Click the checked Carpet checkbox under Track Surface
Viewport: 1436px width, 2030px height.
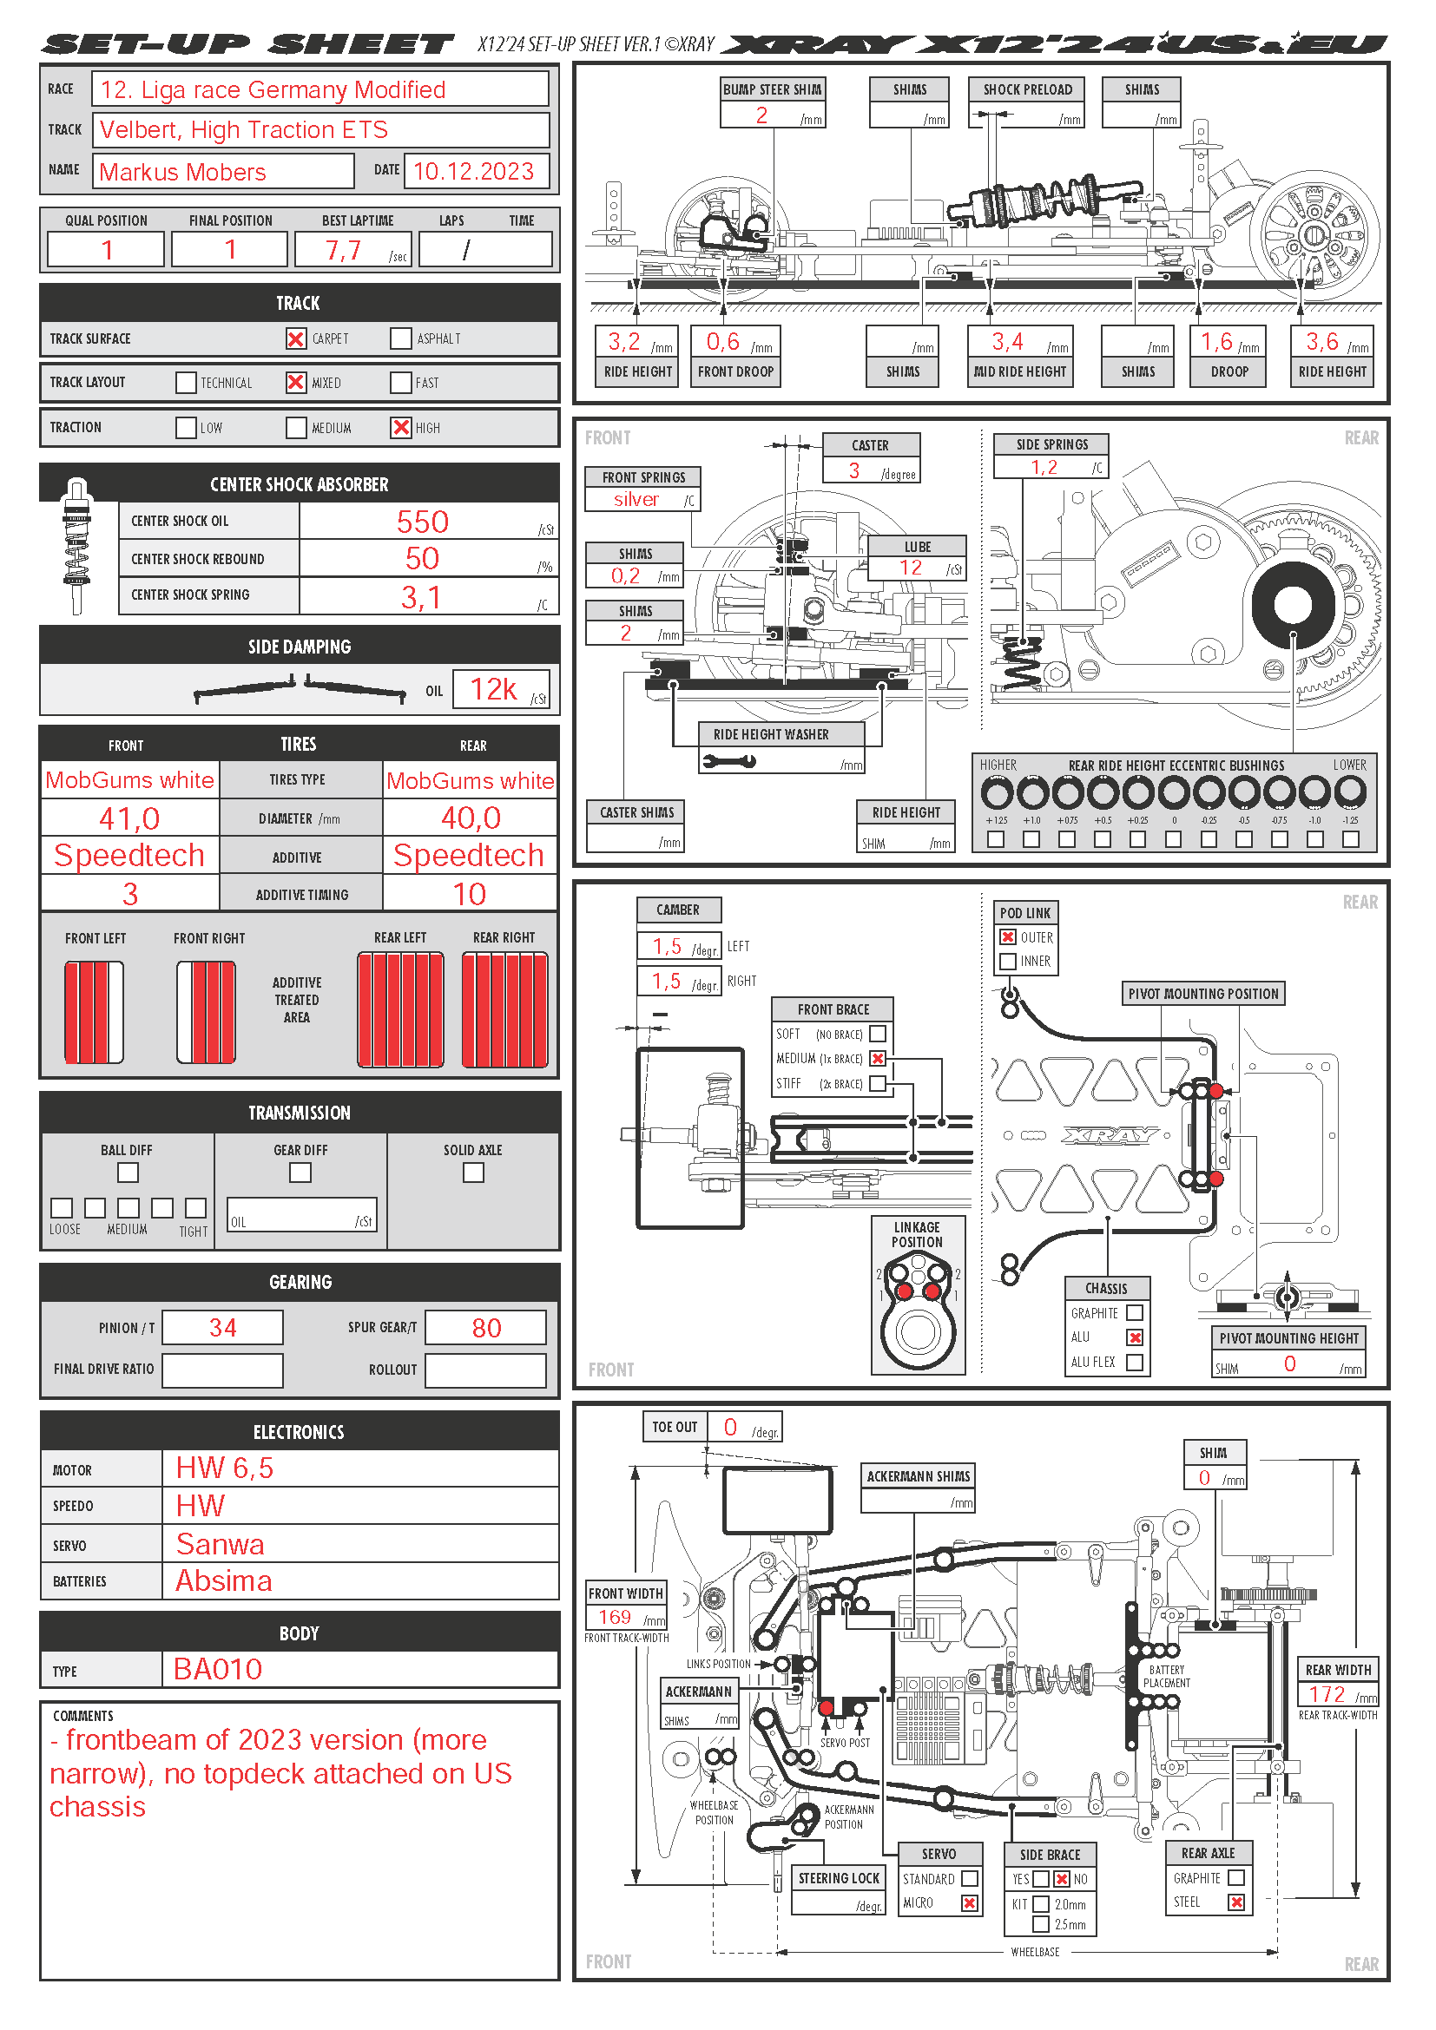296,338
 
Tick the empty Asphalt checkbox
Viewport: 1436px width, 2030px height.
400,338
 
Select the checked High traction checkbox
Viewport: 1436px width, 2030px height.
401,428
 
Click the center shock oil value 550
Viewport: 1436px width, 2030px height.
423,522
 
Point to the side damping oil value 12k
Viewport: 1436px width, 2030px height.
493,689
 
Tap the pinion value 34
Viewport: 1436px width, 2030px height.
223,1328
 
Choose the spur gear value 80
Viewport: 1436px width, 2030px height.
486,1328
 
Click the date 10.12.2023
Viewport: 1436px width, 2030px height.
474,172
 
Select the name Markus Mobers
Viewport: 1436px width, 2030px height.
183,172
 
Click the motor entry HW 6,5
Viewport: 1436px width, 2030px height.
225,1468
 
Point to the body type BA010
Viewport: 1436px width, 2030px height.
218,1669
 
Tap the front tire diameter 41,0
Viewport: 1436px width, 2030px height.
129,818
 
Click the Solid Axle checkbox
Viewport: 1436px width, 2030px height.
474,1173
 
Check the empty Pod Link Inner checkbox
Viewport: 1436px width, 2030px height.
1007,961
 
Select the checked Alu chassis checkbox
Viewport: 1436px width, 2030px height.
1136,1337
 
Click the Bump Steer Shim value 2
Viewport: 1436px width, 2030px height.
761,115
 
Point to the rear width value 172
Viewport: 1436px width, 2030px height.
1327,1694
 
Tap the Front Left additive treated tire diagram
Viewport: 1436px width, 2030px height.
94,1011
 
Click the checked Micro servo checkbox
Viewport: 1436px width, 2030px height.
970,1902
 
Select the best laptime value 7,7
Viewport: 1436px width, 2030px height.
343,250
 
